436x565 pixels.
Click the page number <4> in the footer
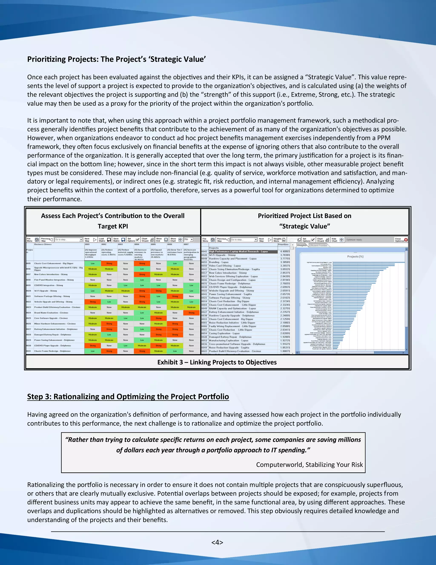tap(217, 542)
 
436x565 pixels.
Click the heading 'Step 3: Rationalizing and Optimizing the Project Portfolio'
tap(128, 397)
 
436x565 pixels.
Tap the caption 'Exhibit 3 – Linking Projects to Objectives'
tap(217, 362)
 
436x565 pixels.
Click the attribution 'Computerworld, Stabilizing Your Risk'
tap(309, 465)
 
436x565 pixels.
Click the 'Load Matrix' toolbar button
tap(105, 240)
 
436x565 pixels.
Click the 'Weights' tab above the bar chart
tap(301, 245)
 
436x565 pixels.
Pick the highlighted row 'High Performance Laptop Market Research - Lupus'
tap(238, 251)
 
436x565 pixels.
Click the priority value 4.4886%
tap(285, 251)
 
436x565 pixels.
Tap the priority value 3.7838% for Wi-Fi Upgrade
tap(285, 255)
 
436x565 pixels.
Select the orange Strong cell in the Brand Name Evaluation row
tap(191, 313)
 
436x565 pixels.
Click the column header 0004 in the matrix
tap(137, 244)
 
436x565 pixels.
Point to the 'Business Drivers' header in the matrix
tap(43, 244)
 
